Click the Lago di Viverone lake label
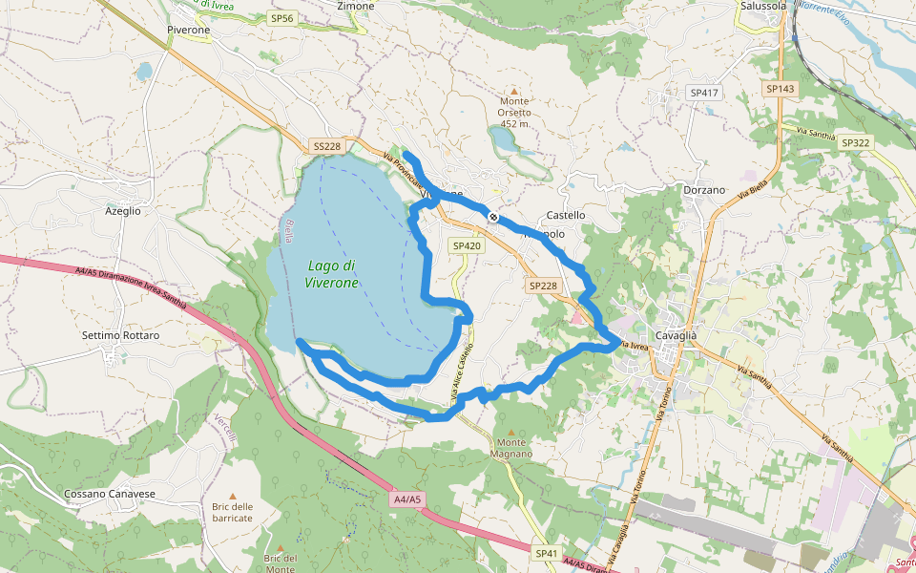click(332, 274)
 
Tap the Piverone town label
click(188, 30)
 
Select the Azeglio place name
click(123, 210)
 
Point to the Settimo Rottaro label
click(120, 335)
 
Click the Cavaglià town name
click(677, 334)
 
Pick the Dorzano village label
click(705, 190)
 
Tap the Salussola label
click(763, 6)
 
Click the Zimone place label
click(356, 6)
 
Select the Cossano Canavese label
click(110, 494)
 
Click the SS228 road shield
click(326, 146)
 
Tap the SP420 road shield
click(467, 245)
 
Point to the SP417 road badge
click(703, 93)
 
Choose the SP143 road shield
click(780, 88)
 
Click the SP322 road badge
click(855, 142)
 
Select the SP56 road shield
click(282, 18)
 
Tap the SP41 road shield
click(546, 553)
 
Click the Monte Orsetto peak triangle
click(514, 88)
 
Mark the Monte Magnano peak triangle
click(510, 430)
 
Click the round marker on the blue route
click(493, 217)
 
